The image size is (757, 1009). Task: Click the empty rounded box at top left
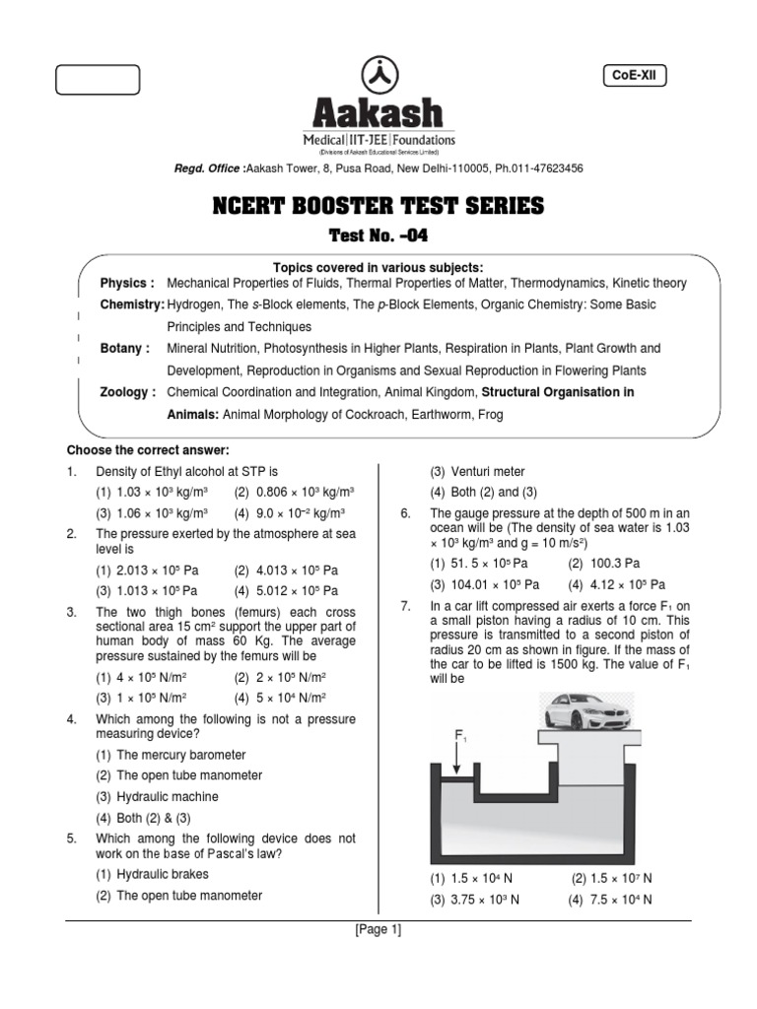coord(98,80)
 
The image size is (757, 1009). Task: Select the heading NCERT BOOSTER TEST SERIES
coord(378,206)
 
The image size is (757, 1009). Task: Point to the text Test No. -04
coord(378,235)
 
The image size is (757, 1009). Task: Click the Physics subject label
coord(127,284)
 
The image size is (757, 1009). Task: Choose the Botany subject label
coord(125,349)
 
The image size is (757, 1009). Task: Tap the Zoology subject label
coord(128,392)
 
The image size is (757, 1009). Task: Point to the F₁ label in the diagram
coord(460,735)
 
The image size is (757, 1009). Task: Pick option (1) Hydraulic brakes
coord(156,875)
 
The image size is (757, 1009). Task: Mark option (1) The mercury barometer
coord(171,755)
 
